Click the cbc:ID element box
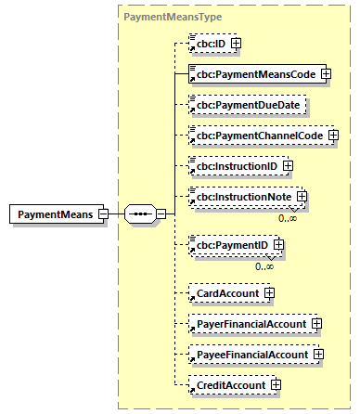point(209,43)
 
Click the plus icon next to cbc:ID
point(237,43)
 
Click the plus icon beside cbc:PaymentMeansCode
point(326,73)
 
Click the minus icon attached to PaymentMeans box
point(103,214)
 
